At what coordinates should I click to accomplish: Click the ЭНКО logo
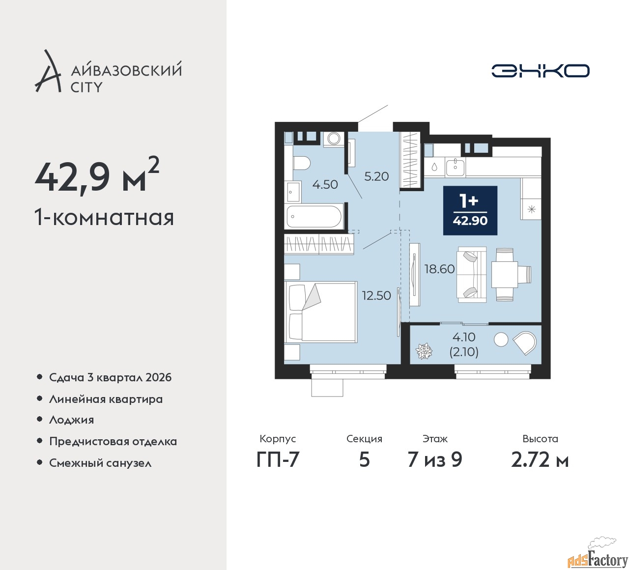point(540,71)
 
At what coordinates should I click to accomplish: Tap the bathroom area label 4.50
point(325,184)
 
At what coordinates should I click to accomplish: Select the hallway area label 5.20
point(376,176)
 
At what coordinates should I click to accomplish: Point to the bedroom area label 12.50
point(376,295)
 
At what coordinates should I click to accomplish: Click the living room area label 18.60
point(440,269)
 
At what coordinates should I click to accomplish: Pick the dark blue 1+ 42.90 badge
point(470,210)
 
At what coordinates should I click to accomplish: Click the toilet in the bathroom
point(302,163)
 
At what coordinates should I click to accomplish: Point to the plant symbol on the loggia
point(424,350)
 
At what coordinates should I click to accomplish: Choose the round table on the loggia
point(500,339)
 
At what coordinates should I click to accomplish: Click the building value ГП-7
point(278,459)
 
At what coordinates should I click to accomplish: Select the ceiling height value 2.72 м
point(540,459)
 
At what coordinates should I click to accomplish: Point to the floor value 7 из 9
point(434,459)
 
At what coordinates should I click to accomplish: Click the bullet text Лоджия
point(71,420)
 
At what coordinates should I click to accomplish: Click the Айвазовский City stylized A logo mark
point(48,71)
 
